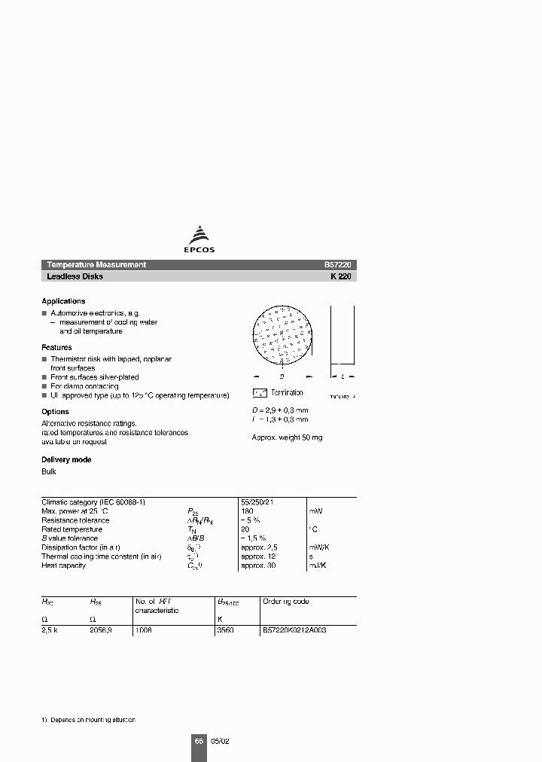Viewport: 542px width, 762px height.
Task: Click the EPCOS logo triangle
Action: click(x=199, y=234)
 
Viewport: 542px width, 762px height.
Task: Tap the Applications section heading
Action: click(x=63, y=301)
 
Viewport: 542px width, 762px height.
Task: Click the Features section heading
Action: click(x=56, y=348)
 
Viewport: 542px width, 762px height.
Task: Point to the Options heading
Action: click(x=55, y=412)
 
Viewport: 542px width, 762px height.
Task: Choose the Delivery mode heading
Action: click(x=66, y=459)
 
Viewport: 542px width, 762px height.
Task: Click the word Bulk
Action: click(x=48, y=472)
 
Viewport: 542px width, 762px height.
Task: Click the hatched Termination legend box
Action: click(x=260, y=393)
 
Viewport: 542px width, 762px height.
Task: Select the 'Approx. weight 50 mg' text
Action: click(x=287, y=437)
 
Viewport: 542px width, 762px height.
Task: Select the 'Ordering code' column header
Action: click(x=285, y=602)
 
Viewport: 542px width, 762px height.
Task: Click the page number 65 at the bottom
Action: click(x=199, y=742)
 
